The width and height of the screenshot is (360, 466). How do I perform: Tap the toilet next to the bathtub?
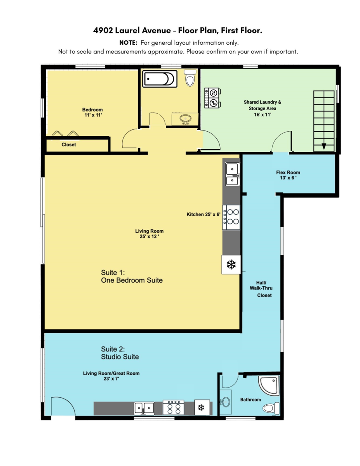click(190, 78)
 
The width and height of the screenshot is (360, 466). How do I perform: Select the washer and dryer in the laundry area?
click(213, 97)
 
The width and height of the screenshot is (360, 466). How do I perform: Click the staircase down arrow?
click(323, 147)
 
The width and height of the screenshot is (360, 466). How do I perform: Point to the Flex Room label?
click(288, 175)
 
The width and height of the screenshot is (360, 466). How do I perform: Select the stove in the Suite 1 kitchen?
click(232, 217)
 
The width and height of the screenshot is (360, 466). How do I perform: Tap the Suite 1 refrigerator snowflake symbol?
click(231, 265)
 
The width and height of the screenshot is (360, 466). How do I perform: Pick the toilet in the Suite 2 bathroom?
click(271, 408)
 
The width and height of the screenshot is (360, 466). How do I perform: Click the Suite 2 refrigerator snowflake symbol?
click(201, 407)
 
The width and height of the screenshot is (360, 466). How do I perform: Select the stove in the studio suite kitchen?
click(174, 408)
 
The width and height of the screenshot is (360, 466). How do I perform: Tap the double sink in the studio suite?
click(144, 408)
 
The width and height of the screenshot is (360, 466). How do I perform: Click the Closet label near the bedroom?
click(69, 144)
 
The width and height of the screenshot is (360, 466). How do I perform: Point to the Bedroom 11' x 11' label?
click(92, 113)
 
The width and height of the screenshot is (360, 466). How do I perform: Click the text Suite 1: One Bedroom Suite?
click(132, 276)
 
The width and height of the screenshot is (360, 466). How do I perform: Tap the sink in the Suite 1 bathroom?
click(186, 119)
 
